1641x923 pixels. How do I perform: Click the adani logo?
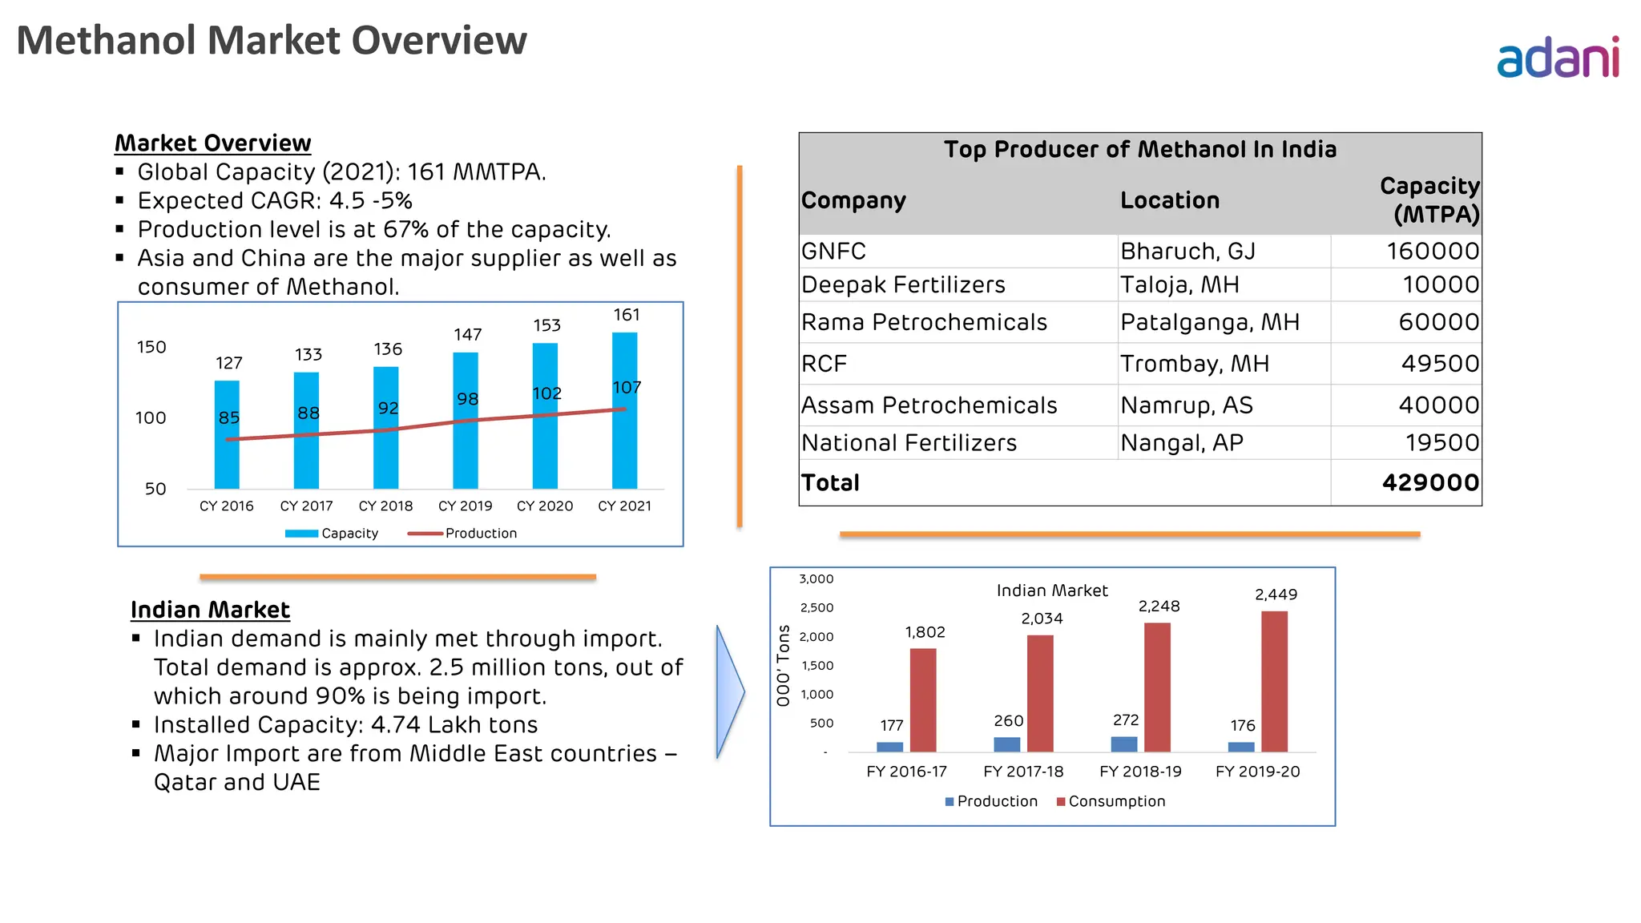click(x=1557, y=58)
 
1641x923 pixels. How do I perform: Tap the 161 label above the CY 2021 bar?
click(x=627, y=315)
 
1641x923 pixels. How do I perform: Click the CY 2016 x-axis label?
click(x=226, y=506)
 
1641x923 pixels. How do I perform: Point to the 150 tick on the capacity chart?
click(x=151, y=347)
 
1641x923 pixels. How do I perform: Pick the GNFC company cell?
click(x=833, y=252)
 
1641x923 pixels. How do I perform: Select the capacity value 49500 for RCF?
click(x=1440, y=364)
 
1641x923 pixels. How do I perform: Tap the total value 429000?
click(x=1430, y=482)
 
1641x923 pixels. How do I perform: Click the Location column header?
click(x=1170, y=200)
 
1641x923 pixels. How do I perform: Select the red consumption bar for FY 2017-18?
click(x=1040, y=694)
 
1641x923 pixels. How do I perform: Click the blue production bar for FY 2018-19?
click(x=1124, y=744)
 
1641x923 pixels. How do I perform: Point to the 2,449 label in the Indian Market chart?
click(x=1276, y=595)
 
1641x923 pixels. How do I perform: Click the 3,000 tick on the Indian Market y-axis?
click(x=816, y=579)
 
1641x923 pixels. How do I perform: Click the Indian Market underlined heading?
click(x=210, y=611)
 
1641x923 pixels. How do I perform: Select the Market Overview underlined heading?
click(x=212, y=143)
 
